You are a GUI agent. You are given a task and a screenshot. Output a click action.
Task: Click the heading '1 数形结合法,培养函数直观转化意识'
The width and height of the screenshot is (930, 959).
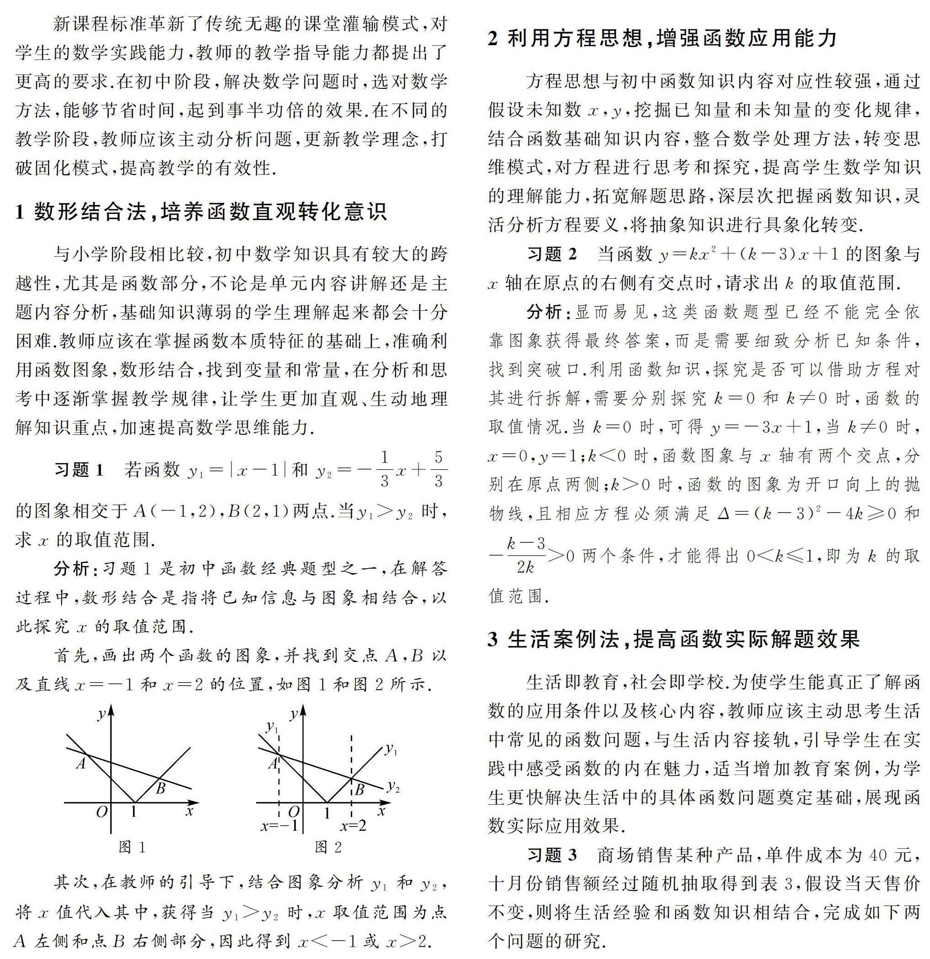(201, 211)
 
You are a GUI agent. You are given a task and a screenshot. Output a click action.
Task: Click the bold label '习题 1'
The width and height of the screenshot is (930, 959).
(79, 470)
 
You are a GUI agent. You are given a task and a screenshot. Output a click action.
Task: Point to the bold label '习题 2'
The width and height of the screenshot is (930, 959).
(552, 254)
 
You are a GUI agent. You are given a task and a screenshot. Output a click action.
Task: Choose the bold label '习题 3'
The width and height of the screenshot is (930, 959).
(552, 855)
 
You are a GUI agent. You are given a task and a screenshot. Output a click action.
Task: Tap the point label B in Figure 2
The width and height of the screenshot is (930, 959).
(360, 790)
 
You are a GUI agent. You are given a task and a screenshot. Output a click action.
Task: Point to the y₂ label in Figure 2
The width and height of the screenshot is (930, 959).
(393, 787)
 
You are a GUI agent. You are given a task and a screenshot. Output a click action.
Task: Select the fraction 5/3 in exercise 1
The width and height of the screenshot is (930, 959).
(438, 470)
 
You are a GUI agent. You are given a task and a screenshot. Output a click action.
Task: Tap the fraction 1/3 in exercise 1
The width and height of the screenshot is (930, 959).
(384, 470)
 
